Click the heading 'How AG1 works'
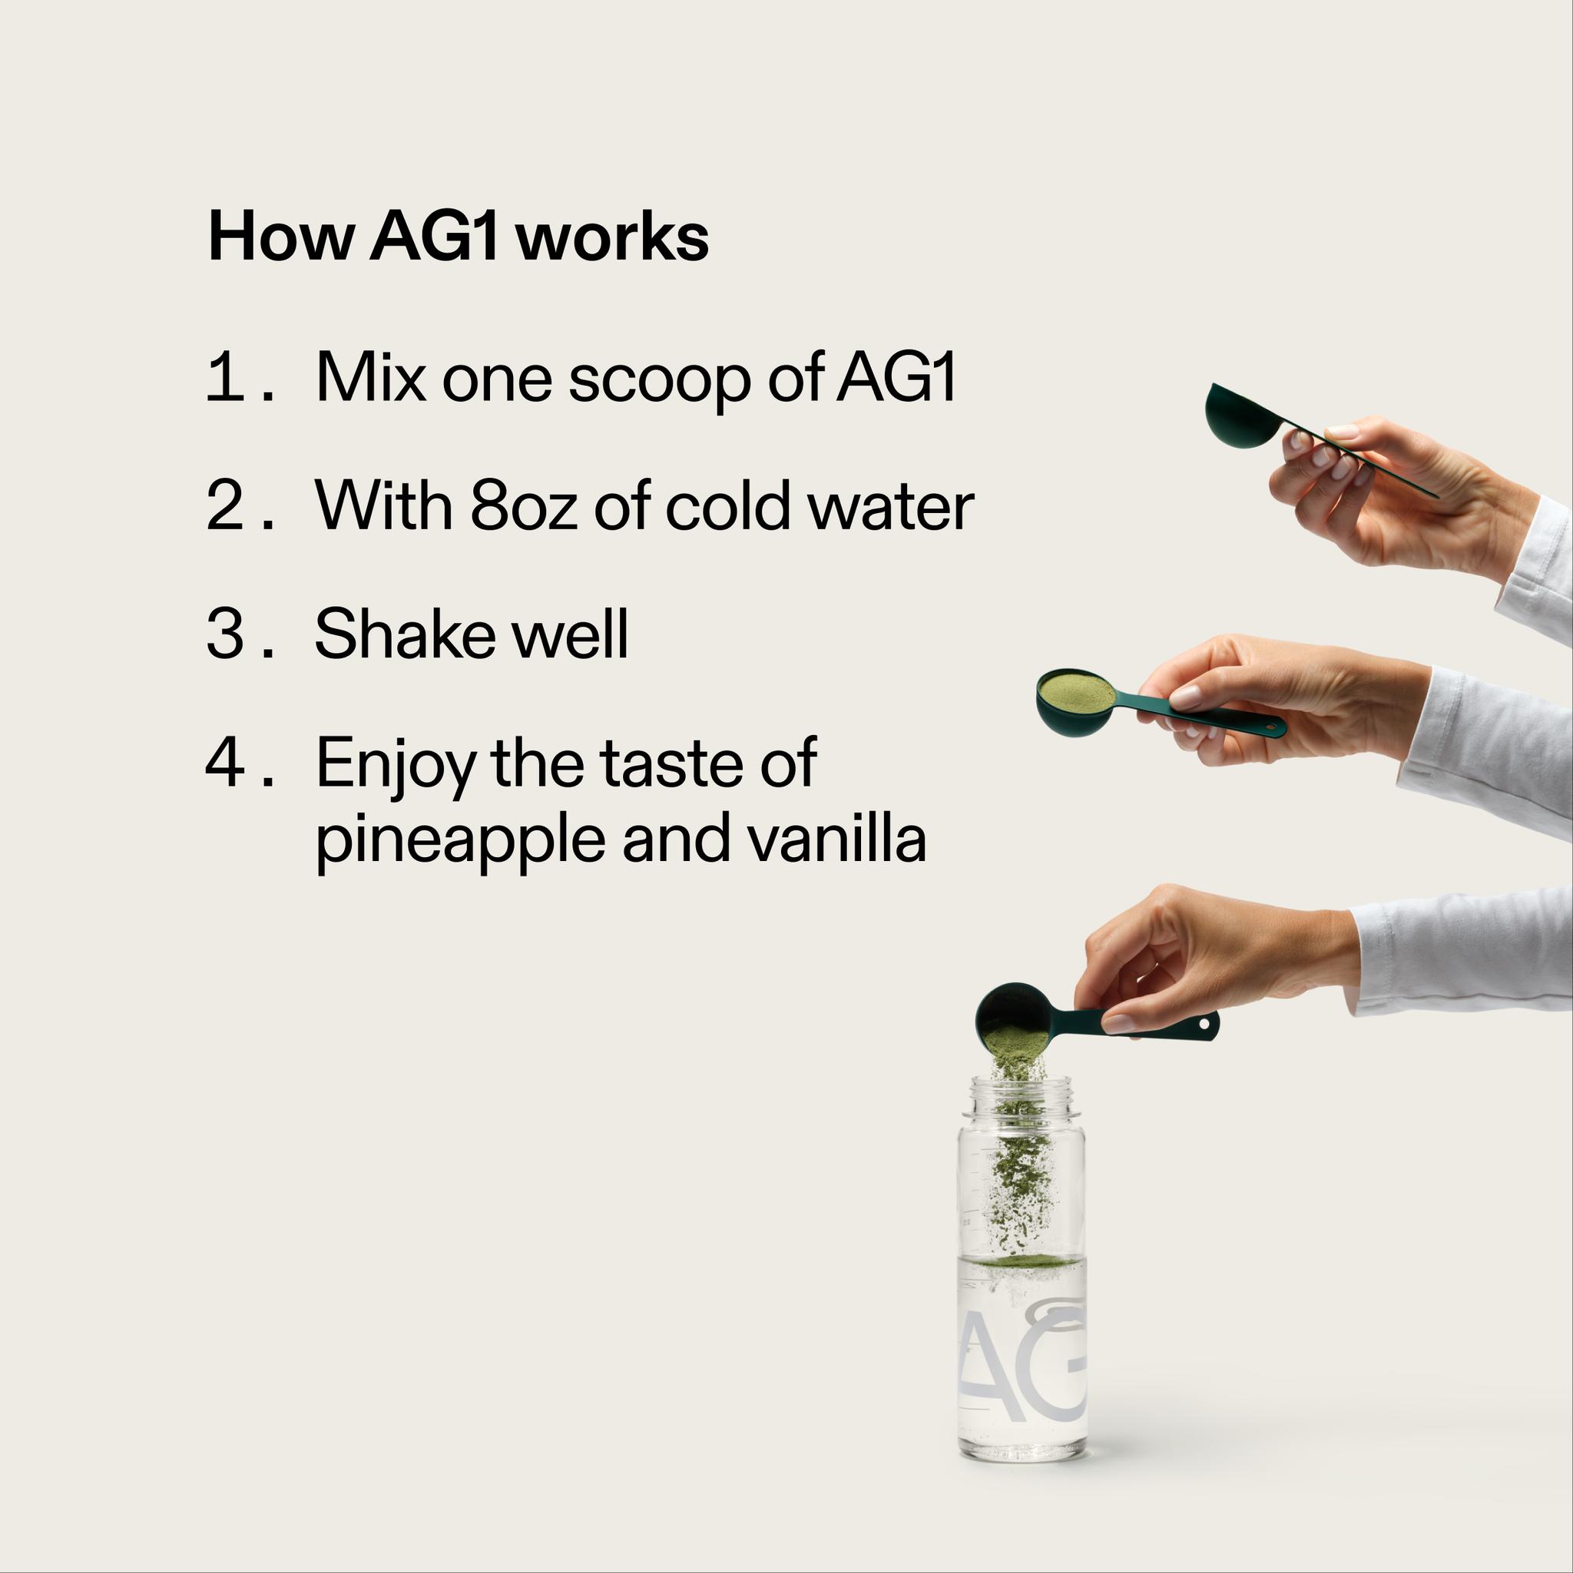(x=459, y=237)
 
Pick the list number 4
(x=225, y=763)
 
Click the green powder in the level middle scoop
(x=1076, y=692)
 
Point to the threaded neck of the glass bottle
(x=1025, y=1096)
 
